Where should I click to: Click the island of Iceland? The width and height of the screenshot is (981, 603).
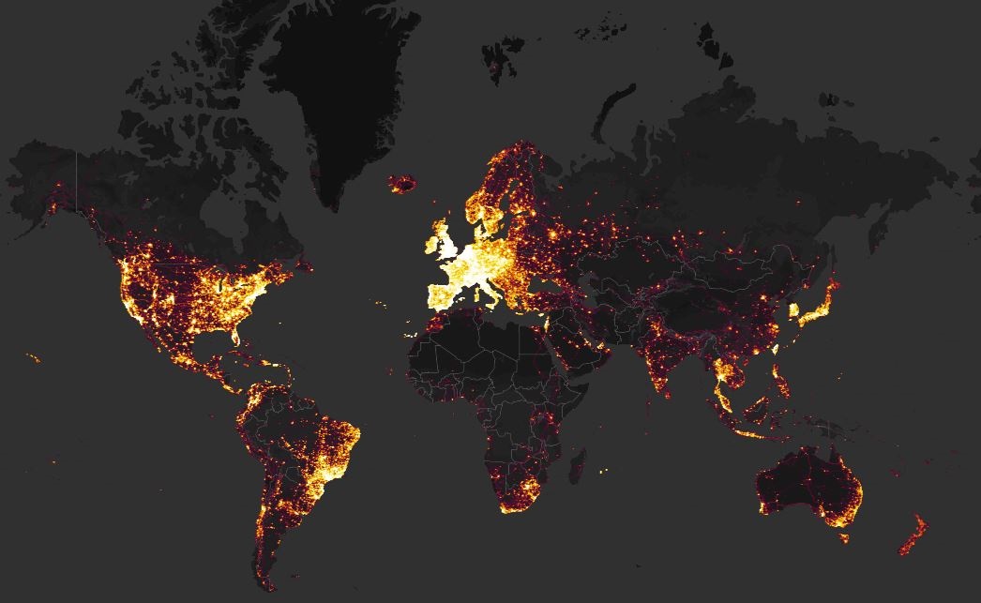pyautogui.click(x=402, y=182)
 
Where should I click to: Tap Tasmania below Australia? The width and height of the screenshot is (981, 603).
pyautogui.click(x=845, y=538)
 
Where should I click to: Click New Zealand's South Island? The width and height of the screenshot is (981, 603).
pyautogui.click(x=907, y=541)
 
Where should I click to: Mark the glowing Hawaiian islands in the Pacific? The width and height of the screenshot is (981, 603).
pyautogui.click(x=34, y=357)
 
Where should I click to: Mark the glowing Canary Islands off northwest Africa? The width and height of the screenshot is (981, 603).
pyautogui.click(x=412, y=334)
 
